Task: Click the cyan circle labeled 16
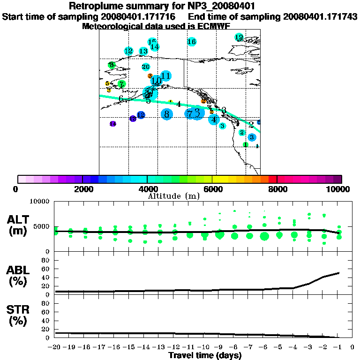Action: (191, 42)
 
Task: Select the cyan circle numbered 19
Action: (239, 37)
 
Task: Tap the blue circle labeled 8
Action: (166, 113)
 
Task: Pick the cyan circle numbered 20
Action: (146, 67)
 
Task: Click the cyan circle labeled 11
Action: (165, 75)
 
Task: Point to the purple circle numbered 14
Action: (112, 124)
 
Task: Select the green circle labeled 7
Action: (121, 84)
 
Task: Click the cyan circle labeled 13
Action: (143, 51)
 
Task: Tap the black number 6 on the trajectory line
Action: (121, 98)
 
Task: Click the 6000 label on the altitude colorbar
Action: (212, 189)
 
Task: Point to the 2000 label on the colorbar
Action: (82, 189)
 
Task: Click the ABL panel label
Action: (17, 276)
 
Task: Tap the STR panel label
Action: (17, 315)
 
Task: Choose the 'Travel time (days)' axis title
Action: (205, 355)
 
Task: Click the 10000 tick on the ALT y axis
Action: (40, 202)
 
